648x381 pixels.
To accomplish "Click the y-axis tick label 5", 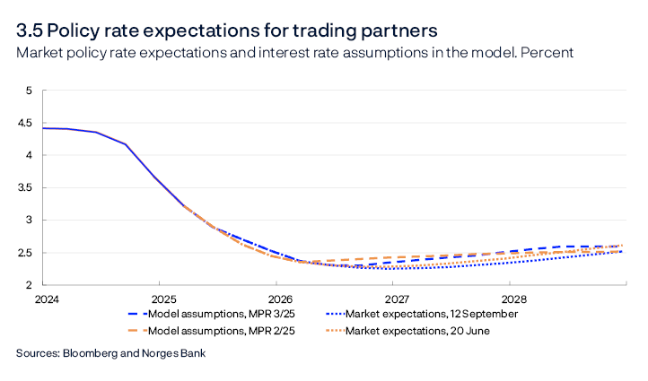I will (x=28, y=91).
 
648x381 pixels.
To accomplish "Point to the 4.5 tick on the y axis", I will (x=24, y=123).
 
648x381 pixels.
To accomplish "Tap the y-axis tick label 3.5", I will (x=24, y=187).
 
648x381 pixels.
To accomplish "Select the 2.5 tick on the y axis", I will (x=24, y=253).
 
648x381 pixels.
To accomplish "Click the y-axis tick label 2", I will (x=28, y=285).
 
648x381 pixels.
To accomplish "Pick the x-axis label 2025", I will (x=162, y=299).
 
